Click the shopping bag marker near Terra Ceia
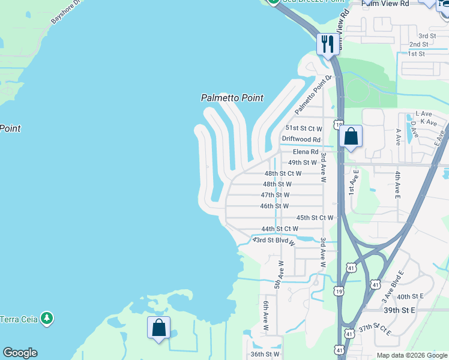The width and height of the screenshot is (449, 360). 158,328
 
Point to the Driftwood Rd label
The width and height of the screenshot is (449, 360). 301,139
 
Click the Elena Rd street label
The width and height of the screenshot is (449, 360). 306,152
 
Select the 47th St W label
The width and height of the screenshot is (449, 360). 275,195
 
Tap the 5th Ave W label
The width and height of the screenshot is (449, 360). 278,275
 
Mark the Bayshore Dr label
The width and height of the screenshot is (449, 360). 64,11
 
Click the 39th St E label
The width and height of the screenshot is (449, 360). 400,311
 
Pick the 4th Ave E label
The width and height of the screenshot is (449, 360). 397,184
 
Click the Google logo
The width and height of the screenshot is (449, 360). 20,353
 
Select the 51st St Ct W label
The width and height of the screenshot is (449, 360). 304,128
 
